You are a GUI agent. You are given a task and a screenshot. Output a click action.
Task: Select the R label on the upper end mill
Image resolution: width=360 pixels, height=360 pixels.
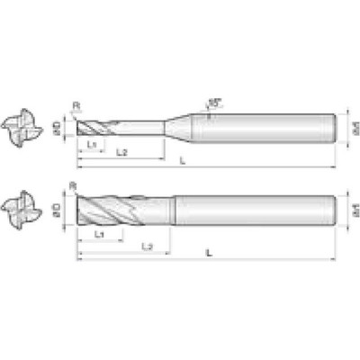tap(75, 106)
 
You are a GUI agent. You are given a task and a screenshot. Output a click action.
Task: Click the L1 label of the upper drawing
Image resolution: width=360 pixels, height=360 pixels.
tap(92, 144)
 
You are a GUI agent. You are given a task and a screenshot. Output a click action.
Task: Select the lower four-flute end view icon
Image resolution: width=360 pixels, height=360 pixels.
tap(21, 211)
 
